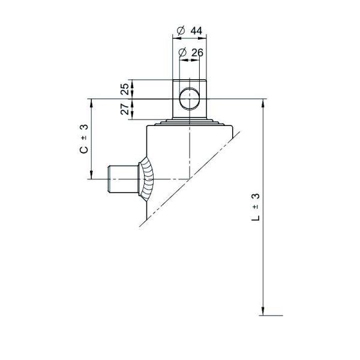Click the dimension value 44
click(x=196, y=31)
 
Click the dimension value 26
click(x=197, y=53)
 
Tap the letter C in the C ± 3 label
click(x=84, y=149)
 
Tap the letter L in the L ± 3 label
click(x=256, y=217)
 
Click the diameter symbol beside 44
click(x=181, y=31)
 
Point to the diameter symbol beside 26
click(x=182, y=53)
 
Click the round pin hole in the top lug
click(x=190, y=99)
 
